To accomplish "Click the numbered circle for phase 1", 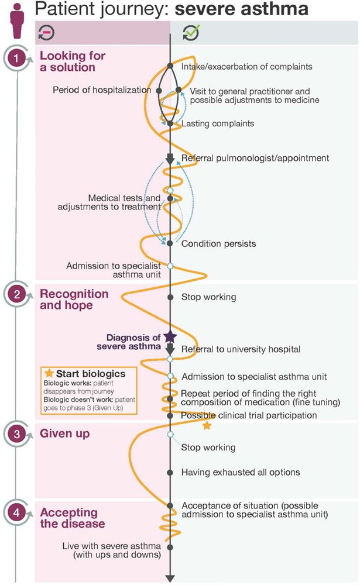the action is point(16,58).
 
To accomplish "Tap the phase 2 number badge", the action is point(17,295).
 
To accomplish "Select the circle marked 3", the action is point(17,434).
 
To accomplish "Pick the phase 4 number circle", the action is point(17,512).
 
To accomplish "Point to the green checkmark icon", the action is point(191,32).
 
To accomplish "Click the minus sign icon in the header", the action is point(46,32).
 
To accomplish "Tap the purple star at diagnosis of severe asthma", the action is point(170,337).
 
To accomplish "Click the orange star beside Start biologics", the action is point(49,373).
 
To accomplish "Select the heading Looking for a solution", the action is point(73,61).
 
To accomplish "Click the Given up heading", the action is point(64,433).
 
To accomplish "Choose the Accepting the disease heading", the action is point(72,518).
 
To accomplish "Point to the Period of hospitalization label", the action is point(102,90).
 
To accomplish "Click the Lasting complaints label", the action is point(218,123).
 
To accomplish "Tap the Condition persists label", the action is point(218,243).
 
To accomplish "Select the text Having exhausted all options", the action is point(241,472).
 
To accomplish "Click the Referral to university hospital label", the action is point(241,349).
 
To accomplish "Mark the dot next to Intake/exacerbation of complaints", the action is point(170,66).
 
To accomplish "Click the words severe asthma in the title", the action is point(242,9).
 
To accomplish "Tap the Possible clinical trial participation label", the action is point(249,415).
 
